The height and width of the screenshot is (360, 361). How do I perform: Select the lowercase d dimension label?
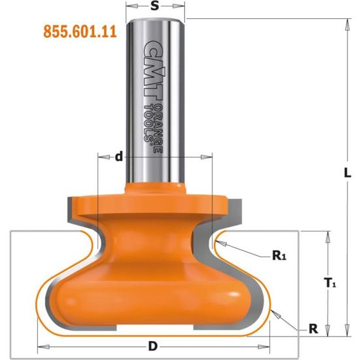pos(118,156)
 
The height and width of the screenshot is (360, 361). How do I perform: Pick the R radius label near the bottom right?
pos(313,329)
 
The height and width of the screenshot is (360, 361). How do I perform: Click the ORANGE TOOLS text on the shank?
pos(152,122)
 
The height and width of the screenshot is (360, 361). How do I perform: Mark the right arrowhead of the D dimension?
pos(268,345)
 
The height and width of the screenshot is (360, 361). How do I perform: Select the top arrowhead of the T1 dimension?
pos(322,234)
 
